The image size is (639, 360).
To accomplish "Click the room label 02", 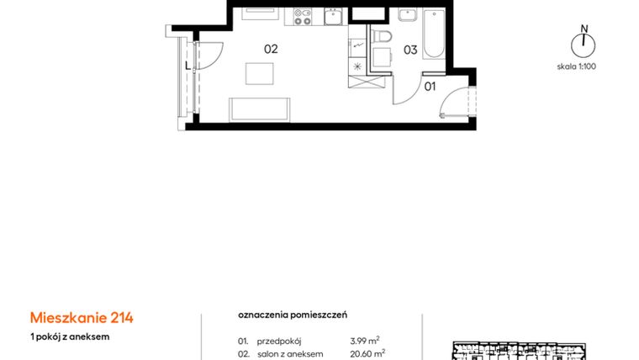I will tap(271, 49).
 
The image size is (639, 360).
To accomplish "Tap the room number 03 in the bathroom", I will tap(410, 50).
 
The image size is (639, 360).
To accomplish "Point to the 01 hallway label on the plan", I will tap(430, 86).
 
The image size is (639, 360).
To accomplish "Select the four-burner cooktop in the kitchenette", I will tap(302, 15).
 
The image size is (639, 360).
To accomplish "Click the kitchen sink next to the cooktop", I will tap(333, 15).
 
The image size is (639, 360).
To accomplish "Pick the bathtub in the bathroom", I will tap(434, 34).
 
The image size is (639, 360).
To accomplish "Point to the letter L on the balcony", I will tap(187, 64).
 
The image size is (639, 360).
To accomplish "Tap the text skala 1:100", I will tap(576, 66).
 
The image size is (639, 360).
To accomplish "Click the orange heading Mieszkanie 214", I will tap(82, 317).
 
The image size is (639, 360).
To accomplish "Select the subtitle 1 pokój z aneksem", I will tap(69, 336).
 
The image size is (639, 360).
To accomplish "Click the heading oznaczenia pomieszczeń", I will tap(293, 315).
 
